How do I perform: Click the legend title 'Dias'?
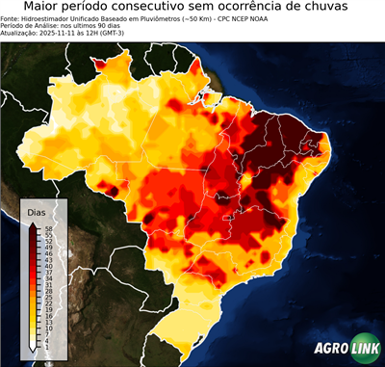tap(37, 211)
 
